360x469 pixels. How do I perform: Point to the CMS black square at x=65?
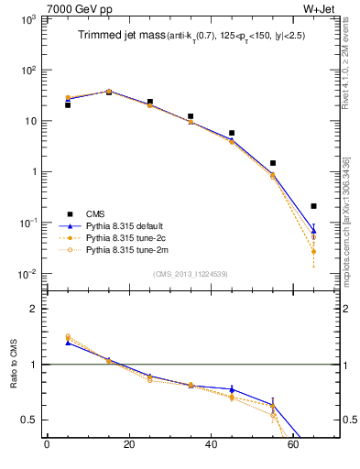tap(314, 206)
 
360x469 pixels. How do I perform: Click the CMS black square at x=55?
tap(273, 163)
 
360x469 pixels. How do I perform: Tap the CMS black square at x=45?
tap(232, 134)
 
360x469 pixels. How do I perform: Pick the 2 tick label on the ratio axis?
tap(34, 309)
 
